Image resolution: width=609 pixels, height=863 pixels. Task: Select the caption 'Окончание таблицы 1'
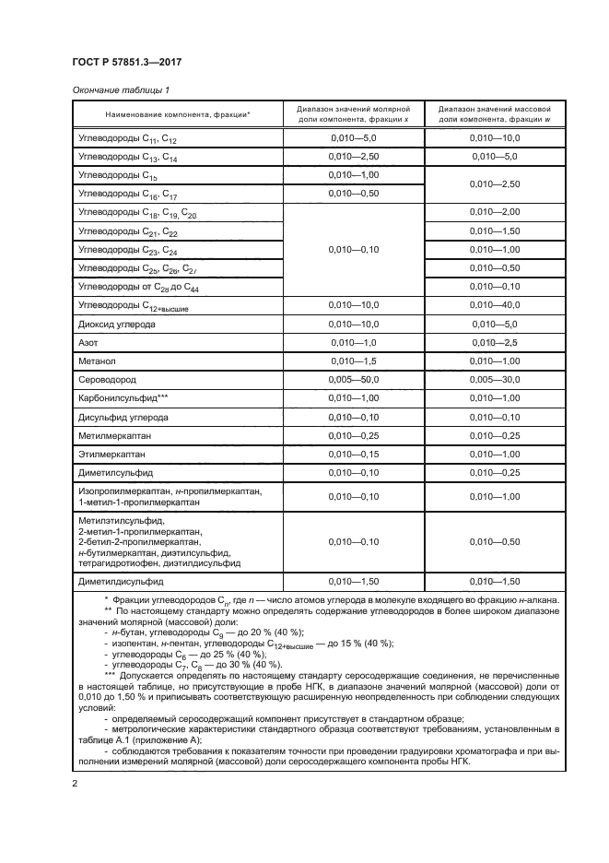coord(120,89)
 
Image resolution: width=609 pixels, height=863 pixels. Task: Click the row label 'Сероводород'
coord(111,379)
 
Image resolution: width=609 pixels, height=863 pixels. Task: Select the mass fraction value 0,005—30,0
coord(495,379)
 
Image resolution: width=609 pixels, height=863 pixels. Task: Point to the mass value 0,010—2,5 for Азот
coord(495,342)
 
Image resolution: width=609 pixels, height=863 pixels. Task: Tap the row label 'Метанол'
coord(98,361)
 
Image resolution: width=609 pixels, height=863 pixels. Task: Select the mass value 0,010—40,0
coord(495,306)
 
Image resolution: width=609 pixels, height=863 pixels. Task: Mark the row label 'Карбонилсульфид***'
coord(123,397)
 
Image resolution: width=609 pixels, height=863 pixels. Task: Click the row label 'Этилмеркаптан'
coord(115,454)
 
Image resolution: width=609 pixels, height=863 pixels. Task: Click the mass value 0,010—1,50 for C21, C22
coord(495,231)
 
